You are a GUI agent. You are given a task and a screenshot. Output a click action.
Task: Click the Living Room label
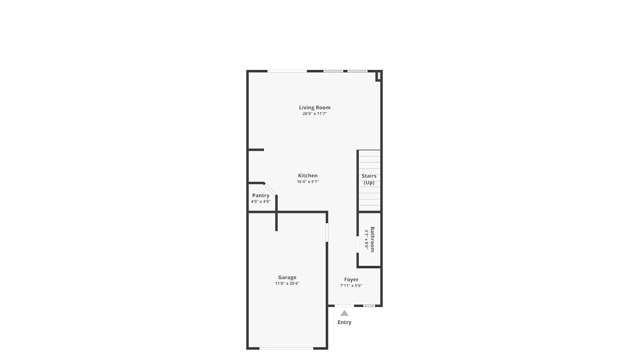coord(314,107)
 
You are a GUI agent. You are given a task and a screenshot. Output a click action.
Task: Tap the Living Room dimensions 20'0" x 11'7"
coord(314,114)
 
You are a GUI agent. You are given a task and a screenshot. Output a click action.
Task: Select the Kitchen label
coord(308,175)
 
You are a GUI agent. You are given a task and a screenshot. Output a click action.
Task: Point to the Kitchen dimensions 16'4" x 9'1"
coord(308,182)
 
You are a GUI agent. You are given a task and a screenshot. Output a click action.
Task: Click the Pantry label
coord(260,196)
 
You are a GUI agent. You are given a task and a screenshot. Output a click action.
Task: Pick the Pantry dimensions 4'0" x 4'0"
coord(260,201)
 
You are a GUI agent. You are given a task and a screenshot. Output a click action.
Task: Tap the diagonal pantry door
coord(270,189)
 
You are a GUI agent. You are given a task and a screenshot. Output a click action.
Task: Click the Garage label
coord(287,277)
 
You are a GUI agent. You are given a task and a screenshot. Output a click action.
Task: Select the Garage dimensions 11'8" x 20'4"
coord(287,284)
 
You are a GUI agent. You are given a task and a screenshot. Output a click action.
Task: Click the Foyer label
coord(351,279)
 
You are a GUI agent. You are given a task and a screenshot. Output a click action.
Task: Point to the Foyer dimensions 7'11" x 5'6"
coord(351,286)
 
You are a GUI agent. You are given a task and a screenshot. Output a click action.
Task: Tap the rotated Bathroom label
coord(372,240)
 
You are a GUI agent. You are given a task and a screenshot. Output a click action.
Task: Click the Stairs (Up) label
coord(369,179)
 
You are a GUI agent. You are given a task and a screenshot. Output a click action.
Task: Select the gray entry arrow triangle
coord(345,313)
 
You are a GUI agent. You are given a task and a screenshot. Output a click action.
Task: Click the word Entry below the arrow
coord(345,322)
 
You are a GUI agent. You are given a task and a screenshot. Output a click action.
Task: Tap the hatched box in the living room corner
coord(379,76)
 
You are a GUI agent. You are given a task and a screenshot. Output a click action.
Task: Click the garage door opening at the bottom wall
coord(286,349)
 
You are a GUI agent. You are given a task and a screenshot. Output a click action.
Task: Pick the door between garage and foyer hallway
coord(327,232)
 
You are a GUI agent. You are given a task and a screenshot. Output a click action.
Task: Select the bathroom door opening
coord(357,245)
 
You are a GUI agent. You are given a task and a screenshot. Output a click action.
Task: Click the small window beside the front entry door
coord(369,306)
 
